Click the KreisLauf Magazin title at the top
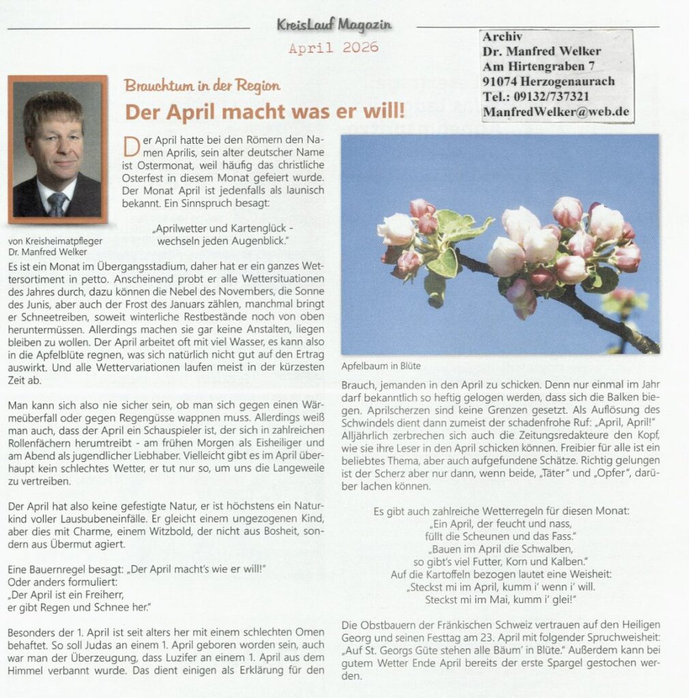334,25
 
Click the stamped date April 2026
333,48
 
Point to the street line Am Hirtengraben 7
538,66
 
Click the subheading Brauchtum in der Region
202,86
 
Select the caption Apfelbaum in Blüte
381,366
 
